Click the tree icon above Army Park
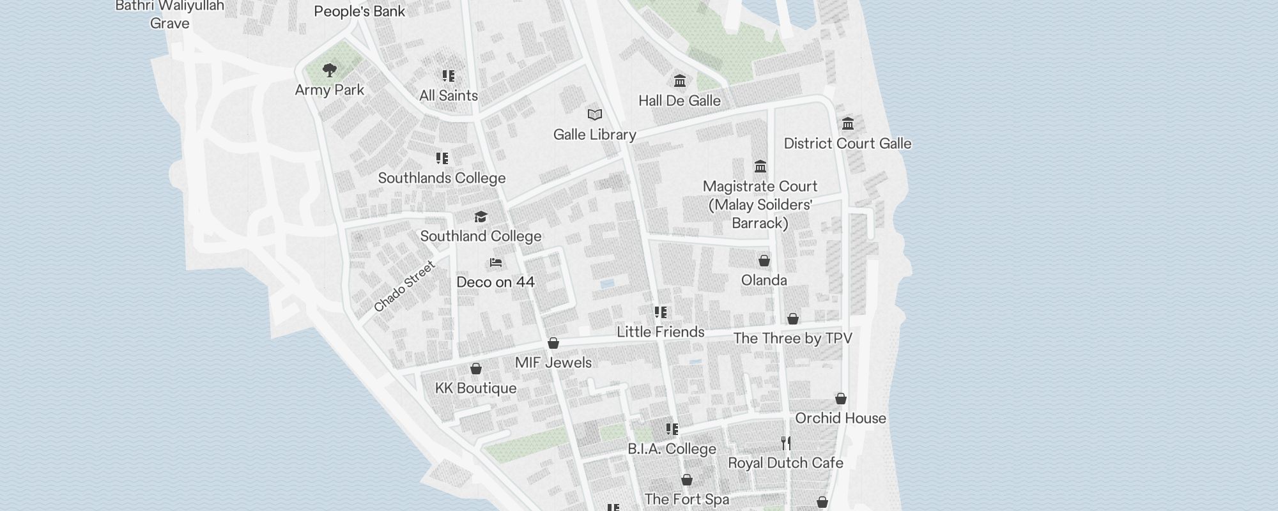point(330,70)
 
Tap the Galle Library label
point(594,135)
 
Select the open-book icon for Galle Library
point(595,115)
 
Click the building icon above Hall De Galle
point(680,81)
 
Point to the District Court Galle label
point(847,144)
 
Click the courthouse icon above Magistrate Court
point(760,167)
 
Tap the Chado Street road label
point(404,286)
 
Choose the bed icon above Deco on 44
point(496,263)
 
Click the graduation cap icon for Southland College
point(481,217)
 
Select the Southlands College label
point(442,178)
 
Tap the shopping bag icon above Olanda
point(764,261)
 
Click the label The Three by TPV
point(792,339)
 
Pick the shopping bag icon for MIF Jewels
point(553,343)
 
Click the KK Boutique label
point(475,388)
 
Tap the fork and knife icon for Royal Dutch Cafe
point(786,443)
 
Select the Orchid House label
point(840,418)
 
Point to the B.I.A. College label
point(672,449)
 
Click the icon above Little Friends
point(661,312)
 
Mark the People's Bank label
point(360,11)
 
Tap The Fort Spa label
point(686,500)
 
